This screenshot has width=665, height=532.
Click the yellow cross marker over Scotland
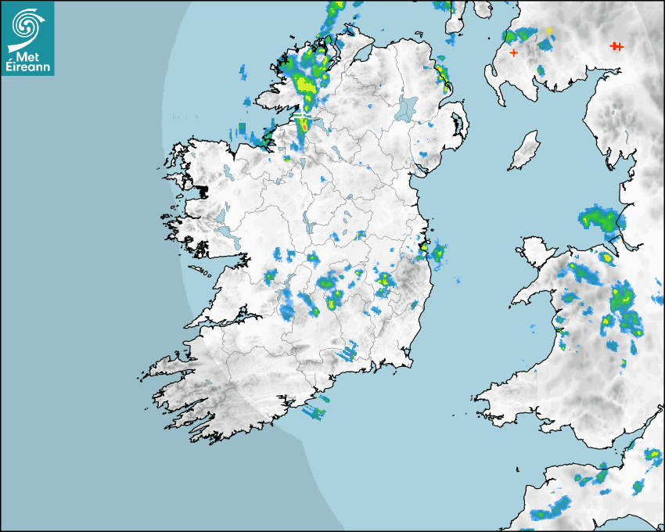coord(549,31)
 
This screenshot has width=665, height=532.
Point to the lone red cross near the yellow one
coord(513,52)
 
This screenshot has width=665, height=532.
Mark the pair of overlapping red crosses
coord(616,47)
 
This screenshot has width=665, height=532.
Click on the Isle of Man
coord(525,151)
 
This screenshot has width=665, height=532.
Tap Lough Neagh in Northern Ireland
coord(407,107)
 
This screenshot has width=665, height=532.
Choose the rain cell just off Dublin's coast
coord(438,253)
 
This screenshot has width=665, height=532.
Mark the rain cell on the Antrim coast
coord(443,74)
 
